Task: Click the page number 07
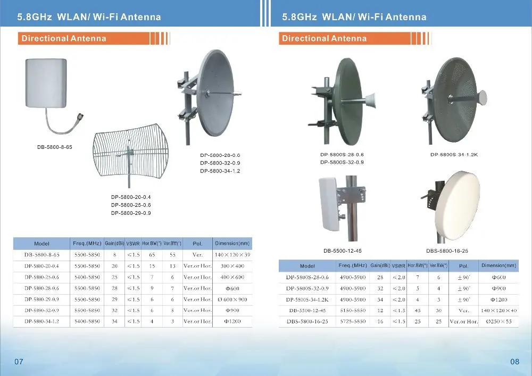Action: point(19,362)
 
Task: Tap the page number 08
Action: point(514,362)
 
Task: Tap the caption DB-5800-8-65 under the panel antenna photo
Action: point(54,147)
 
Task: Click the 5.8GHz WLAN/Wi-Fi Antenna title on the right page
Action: point(354,17)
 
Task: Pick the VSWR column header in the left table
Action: point(133,244)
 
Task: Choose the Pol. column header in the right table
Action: point(463,266)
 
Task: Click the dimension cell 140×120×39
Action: point(232,255)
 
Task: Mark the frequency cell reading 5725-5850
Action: point(353,322)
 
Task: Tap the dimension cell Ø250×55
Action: point(498,322)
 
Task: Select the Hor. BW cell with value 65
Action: point(152,255)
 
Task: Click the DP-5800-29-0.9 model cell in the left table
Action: point(41,299)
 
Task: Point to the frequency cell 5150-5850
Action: point(353,311)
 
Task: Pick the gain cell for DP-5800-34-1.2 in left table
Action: point(114,321)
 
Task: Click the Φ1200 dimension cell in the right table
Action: point(498,299)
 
